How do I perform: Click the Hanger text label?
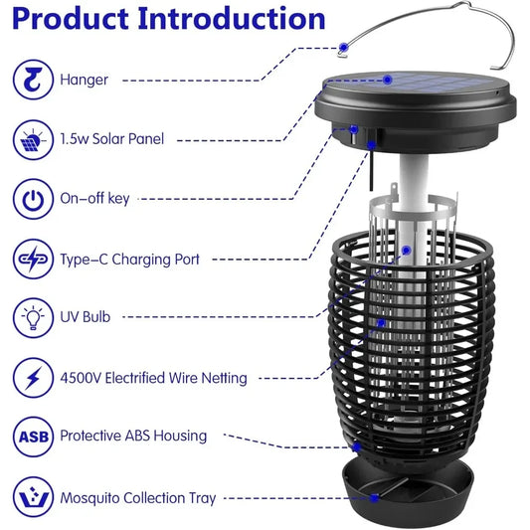click(x=85, y=80)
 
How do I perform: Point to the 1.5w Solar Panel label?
click(x=112, y=140)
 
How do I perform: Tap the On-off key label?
click(x=94, y=200)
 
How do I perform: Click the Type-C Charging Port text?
click(x=130, y=260)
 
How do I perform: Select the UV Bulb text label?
click(x=86, y=318)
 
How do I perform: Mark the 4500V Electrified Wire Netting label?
click(x=154, y=378)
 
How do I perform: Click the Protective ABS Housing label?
click(x=133, y=437)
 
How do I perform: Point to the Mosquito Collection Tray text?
click(x=138, y=497)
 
